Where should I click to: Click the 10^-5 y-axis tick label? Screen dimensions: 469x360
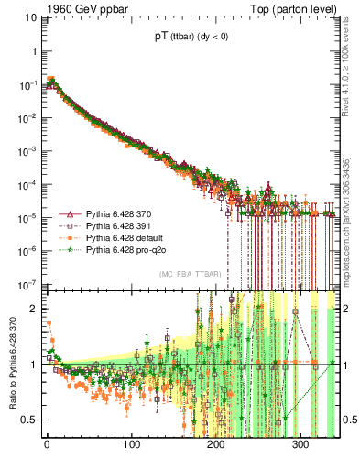[28, 217]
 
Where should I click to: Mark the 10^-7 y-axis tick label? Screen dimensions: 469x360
[28, 283]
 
